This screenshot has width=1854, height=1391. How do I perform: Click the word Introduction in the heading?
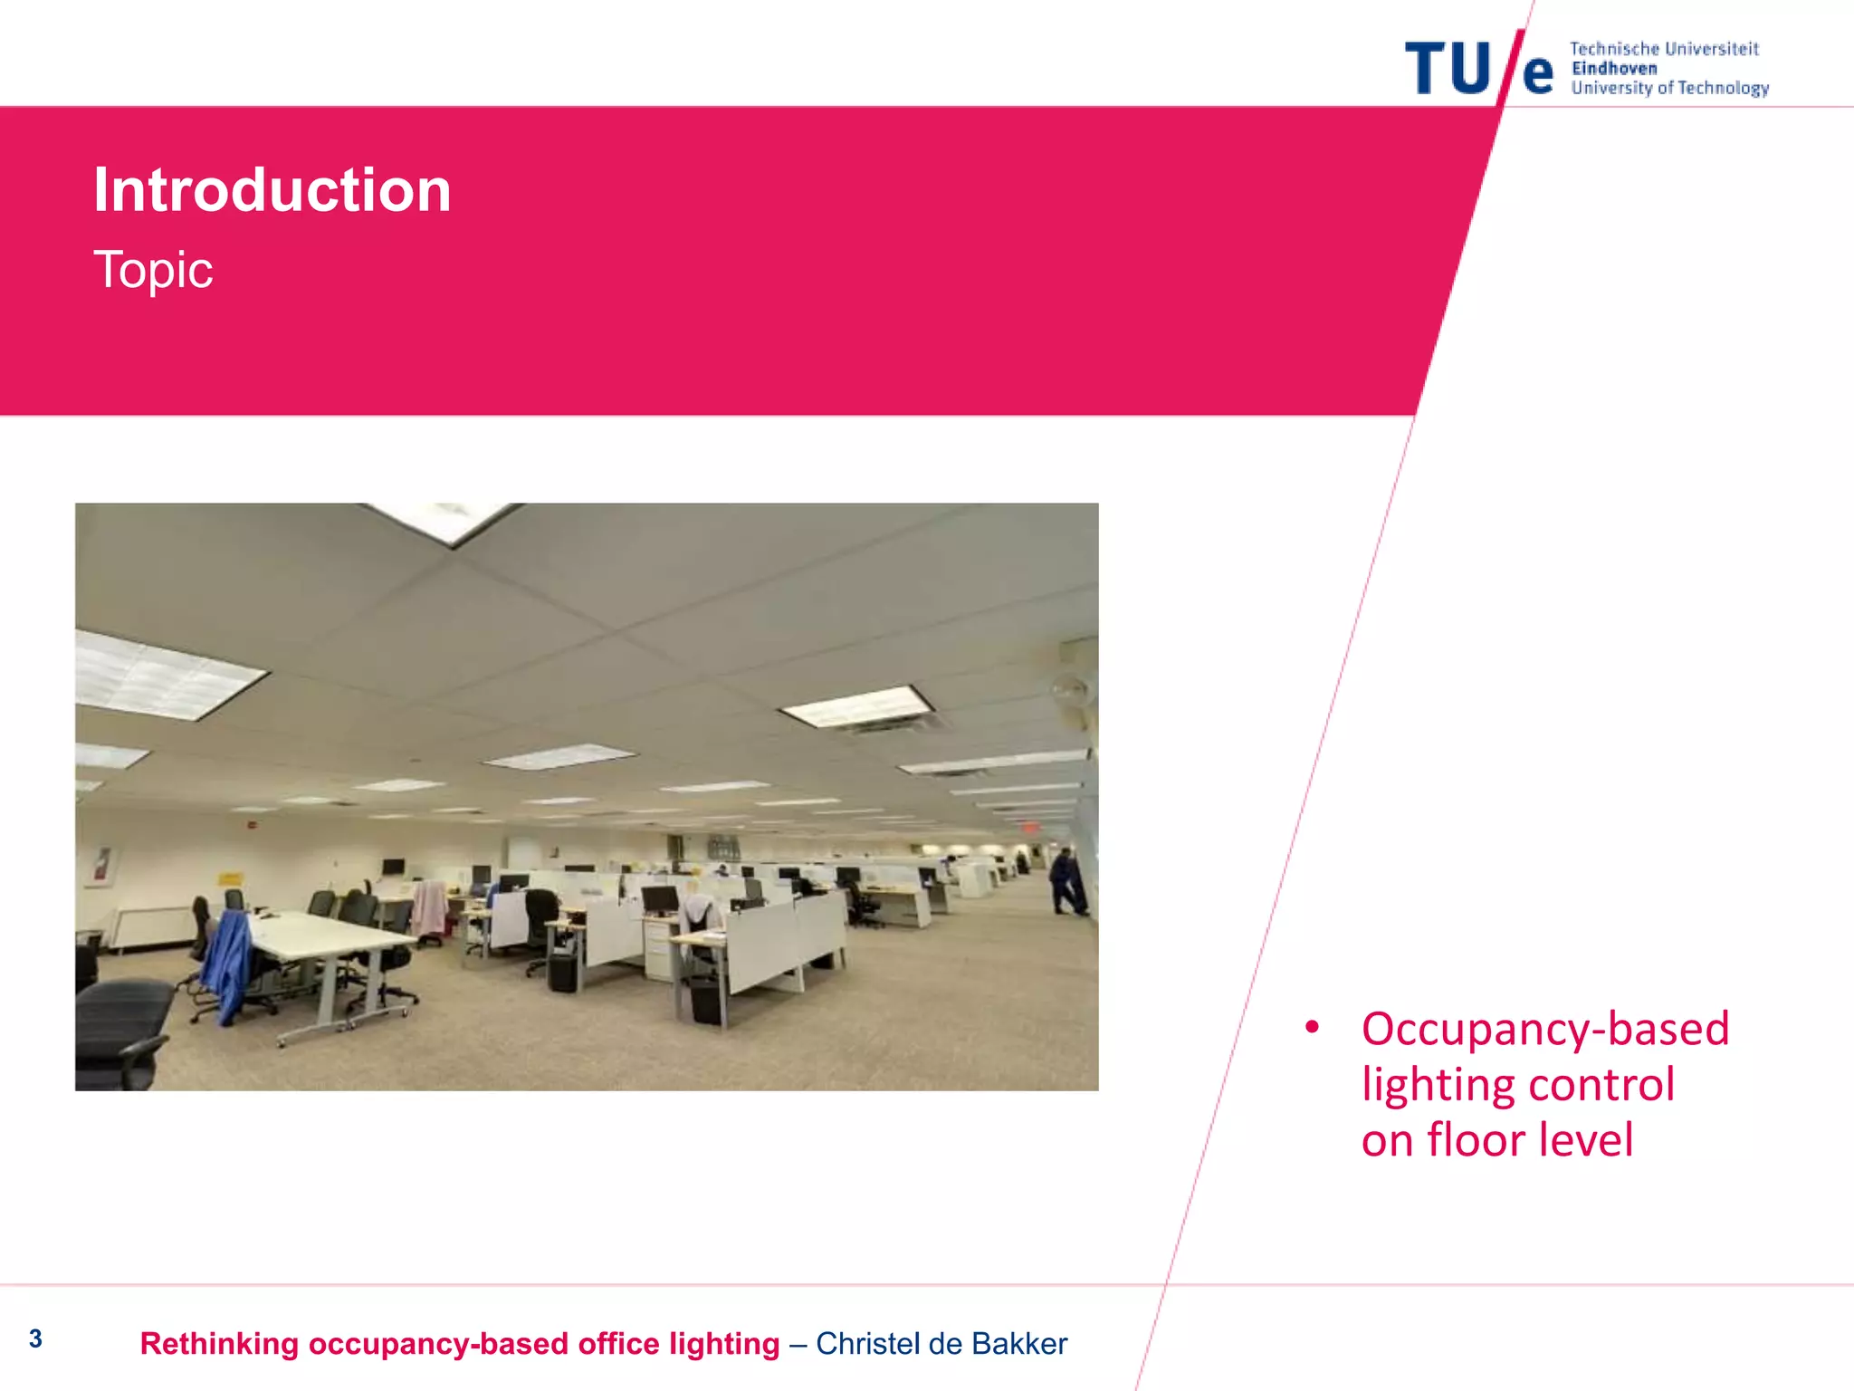point(272,190)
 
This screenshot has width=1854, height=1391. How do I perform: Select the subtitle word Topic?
point(153,270)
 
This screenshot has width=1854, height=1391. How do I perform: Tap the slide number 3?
point(35,1338)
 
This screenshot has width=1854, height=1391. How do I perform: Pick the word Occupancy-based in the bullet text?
point(1544,1030)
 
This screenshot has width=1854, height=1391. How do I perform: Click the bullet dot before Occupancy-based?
point(1312,1028)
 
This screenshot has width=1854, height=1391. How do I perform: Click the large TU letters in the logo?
point(1447,69)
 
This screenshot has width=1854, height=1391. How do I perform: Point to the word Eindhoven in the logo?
point(1614,69)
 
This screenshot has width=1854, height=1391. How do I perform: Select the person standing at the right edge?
point(1066,880)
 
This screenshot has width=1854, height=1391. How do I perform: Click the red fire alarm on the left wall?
point(253,826)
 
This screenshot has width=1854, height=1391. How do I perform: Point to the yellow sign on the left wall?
point(230,878)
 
